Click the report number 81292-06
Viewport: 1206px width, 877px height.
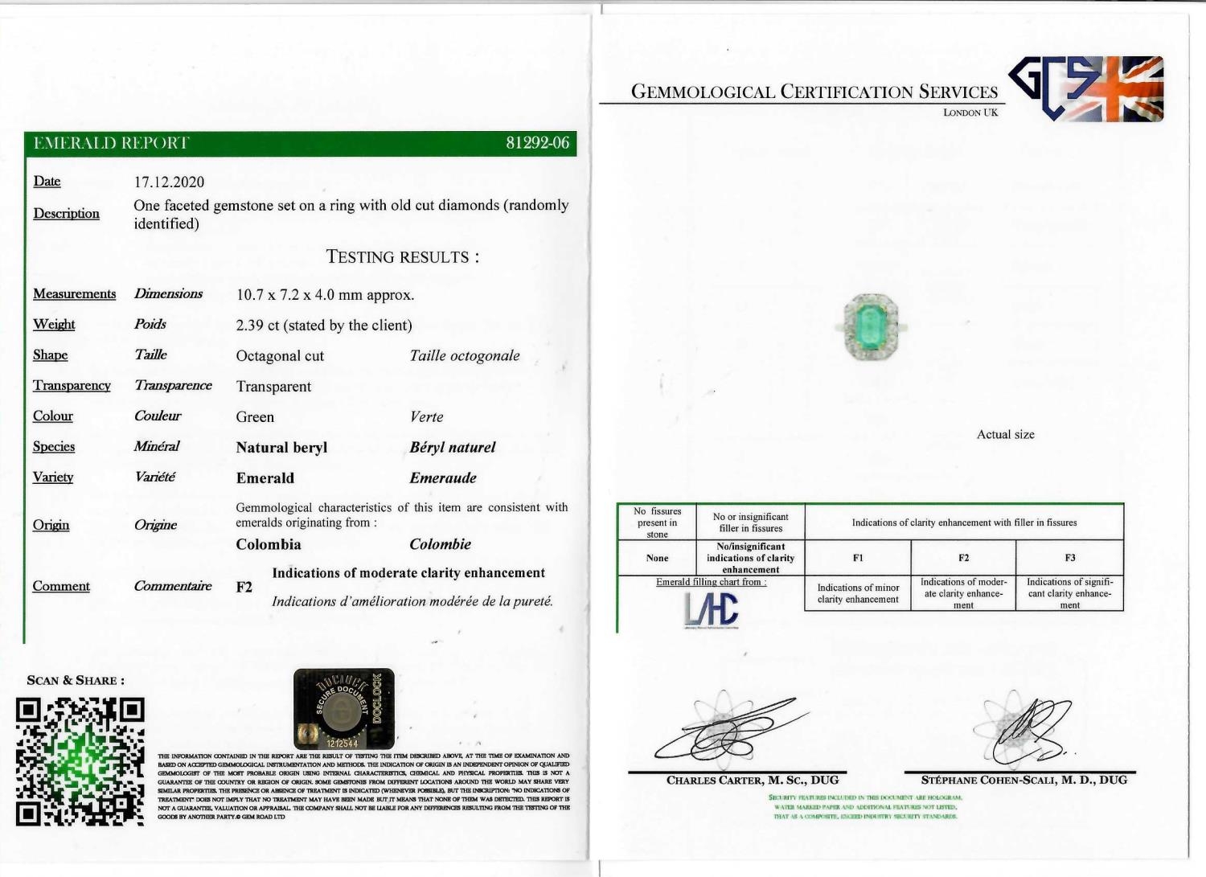537,143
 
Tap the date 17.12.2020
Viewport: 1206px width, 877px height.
169,182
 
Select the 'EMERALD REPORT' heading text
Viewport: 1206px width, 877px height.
111,143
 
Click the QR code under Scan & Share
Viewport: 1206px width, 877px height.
80,761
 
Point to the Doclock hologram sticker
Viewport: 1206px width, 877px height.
344,708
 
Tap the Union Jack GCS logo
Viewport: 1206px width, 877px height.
1086,88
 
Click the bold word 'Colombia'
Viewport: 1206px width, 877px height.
269,544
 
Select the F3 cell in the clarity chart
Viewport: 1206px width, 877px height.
1069,557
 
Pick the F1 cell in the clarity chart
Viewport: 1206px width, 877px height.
858,557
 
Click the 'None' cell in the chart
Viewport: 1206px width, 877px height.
657,557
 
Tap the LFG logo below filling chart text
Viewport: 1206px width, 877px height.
711,609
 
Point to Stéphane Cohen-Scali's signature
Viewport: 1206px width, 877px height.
1025,727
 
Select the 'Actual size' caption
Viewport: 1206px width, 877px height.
1005,434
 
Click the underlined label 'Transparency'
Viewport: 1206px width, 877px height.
72,386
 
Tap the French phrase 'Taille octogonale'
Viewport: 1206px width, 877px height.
464,355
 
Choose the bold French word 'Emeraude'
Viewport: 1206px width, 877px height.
442,478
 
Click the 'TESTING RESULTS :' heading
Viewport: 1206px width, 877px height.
402,257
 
